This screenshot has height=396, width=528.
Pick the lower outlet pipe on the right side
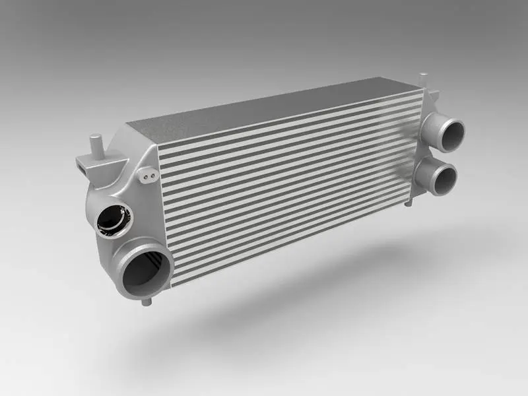(x=441, y=176)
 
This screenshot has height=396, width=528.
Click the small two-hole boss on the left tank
(x=147, y=176)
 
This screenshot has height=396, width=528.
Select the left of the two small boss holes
(x=145, y=176)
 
